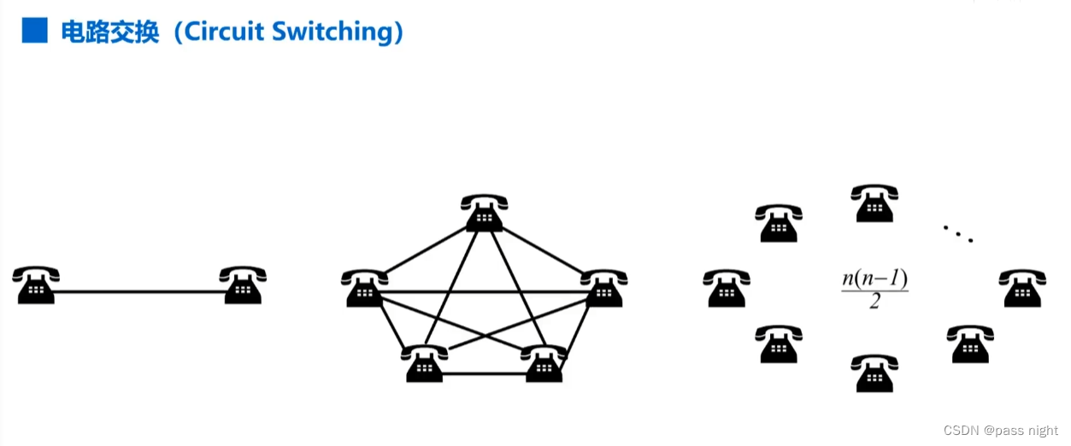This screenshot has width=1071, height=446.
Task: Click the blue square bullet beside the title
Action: tap(35, 30)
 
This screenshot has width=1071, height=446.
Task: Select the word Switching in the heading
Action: tap(332, 32)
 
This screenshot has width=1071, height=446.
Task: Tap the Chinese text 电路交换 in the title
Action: tap(110, 32)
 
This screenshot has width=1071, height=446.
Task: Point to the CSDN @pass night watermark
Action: tap(1000, 431)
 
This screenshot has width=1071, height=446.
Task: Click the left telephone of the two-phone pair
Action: tap(36, 285)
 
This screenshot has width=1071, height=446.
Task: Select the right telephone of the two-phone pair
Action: tap(243, 285)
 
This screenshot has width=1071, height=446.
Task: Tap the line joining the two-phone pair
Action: tap(139, 291)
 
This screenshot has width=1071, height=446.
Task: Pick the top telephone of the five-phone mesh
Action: tap(485, 213)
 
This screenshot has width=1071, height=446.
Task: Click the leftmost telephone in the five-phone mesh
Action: tap(365, 288)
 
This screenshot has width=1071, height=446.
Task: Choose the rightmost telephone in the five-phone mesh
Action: tap(603, 288)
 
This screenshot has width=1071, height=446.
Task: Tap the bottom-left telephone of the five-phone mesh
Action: tap(425, 363)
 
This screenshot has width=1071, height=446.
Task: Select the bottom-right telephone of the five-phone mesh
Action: tap(544, 363)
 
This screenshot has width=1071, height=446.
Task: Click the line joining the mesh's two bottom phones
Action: tap(484, 374)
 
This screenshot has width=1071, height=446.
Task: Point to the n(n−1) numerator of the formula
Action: tap(874, 278)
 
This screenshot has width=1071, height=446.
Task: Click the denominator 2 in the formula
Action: tap(875, 301)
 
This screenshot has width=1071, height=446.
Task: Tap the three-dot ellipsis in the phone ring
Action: tap(958, 234)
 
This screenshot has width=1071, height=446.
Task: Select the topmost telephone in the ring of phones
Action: tap(874, 203)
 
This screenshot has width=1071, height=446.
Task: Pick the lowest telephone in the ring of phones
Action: tap(874, 373)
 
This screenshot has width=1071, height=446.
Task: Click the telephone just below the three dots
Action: tap(1023, 288)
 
